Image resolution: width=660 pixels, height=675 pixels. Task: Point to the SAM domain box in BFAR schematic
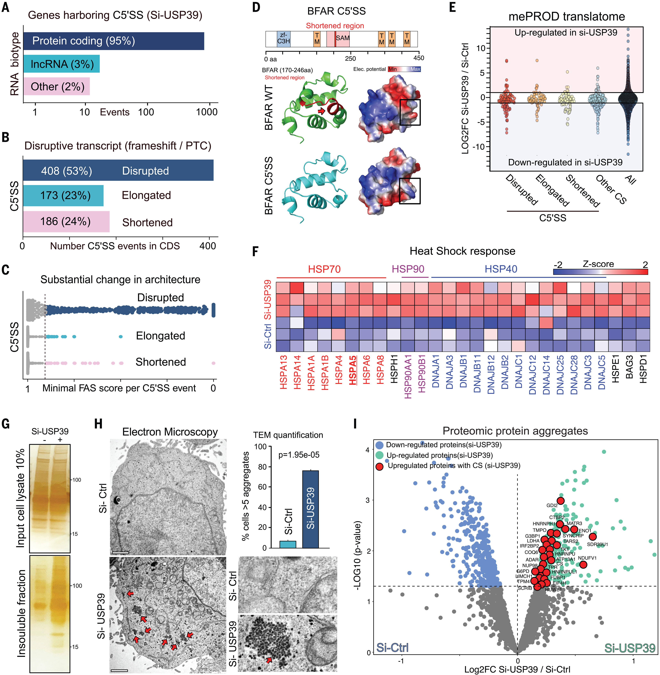(x=342, y=38)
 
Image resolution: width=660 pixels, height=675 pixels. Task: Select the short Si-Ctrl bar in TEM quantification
(x=288, y=544)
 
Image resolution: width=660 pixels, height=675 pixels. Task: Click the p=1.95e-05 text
(x=299, y=455)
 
